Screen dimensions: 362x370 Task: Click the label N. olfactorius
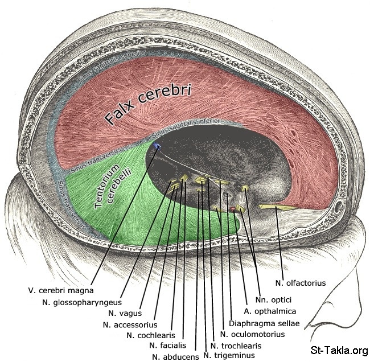[x=300, y=282]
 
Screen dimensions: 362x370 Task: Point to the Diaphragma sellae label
[x=264, y=323]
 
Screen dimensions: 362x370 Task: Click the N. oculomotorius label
[x=252, y=334]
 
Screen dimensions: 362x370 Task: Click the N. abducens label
[x=175, y=356]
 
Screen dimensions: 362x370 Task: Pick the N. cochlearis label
[x=151, y=335]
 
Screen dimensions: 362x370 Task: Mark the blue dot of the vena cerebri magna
[x=157, y=147]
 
